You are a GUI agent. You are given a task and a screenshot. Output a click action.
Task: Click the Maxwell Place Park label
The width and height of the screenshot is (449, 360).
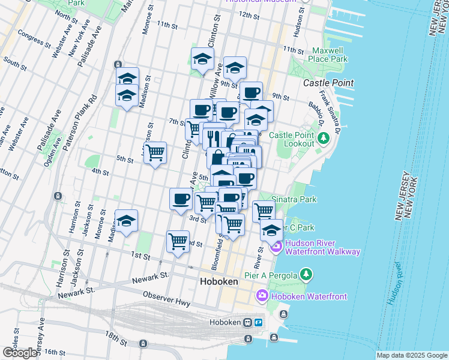click(x=327, y=55)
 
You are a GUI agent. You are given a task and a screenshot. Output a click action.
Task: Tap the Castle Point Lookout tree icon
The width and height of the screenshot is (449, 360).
click(x=324, y=139)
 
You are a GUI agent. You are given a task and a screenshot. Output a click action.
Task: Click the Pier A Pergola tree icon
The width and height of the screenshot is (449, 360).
click(x=306, y=275)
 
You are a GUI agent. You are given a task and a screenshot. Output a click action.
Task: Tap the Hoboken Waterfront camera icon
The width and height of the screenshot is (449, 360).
click(x=262, y=295)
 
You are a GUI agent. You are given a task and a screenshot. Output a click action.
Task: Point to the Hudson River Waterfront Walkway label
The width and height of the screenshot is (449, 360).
click(x=322, y=247)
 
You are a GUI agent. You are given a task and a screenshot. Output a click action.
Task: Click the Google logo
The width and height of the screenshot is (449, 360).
click(x=19, y=353)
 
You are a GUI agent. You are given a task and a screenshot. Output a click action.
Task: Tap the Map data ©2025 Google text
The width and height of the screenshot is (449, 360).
click(x=411, y=355)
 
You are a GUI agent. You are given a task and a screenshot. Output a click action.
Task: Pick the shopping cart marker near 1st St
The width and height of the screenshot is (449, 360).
click(x=178, y=241)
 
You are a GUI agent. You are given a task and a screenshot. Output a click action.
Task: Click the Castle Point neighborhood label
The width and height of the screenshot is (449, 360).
click(x=328, y=83)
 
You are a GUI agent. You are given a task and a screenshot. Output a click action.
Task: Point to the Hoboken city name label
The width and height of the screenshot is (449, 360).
click(x=219, y=281)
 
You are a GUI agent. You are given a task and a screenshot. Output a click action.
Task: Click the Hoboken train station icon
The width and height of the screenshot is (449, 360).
click(x=247, y=322)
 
